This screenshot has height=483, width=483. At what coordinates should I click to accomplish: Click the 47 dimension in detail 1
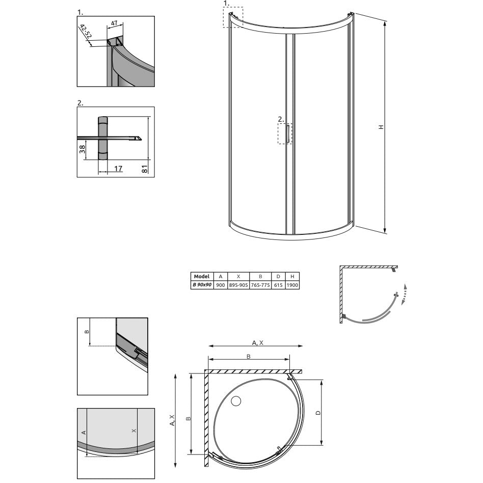click(114, 23)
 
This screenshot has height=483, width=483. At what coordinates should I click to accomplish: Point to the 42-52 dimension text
click(86, 31)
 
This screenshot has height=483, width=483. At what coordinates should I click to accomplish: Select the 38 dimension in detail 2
click(82, 149)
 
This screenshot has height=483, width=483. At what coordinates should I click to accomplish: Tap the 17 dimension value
click(118, 169)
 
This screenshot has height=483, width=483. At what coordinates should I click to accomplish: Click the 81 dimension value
click(145, 169)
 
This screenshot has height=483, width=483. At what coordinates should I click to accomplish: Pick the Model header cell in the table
click(202, 276)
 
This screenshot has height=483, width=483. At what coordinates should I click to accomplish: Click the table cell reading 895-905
click(238, 285)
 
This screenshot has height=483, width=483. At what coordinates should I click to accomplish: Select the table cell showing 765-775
click(260, 285)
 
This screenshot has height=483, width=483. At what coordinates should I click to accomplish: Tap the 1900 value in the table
click(292, 285)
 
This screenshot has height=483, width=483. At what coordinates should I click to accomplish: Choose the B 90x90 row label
click(202, 285)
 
